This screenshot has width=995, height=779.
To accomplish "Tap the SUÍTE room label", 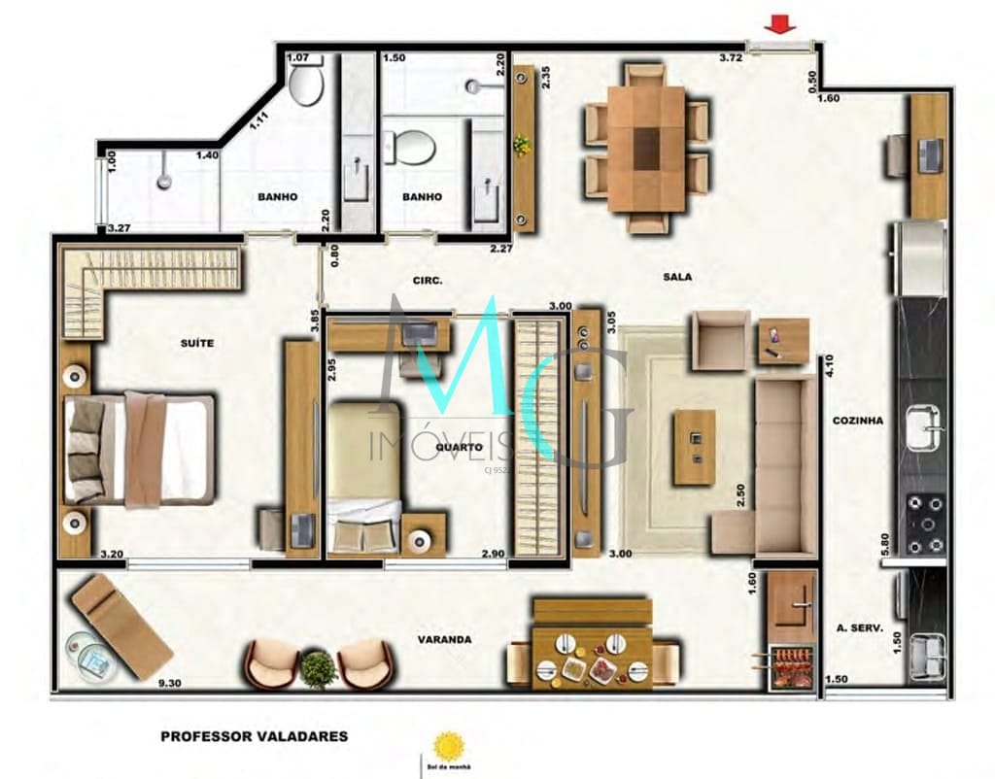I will pos(196,343).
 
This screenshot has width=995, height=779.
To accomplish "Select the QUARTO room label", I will pos(454,448).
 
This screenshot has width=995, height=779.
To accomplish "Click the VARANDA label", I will pos(444,639).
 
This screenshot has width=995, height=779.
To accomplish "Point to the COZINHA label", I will pos(857,421).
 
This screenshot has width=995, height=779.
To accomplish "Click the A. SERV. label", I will pos(859,628).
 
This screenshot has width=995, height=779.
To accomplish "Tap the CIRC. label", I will pos(428,281).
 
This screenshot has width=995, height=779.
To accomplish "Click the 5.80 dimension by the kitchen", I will pos(884,543).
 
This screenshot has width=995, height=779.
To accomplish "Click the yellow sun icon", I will pos(448,745).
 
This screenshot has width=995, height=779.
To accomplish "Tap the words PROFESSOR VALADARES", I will pos(254,736).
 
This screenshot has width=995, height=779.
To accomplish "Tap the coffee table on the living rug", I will pos(694,447).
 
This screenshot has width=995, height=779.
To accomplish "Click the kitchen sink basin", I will pos(924,427).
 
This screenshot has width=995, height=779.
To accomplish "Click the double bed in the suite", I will pos(138,450).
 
